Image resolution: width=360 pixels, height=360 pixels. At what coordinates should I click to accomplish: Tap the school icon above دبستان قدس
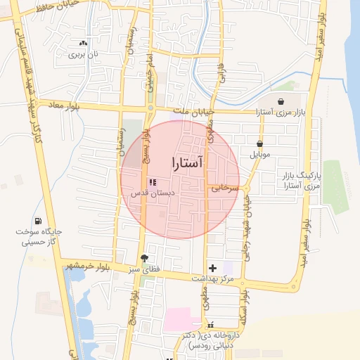(x=153, y=183)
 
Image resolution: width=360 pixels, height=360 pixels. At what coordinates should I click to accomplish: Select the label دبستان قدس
(x=153, y=193)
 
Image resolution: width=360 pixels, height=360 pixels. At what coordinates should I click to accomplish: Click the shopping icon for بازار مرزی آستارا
(x=281, y=101)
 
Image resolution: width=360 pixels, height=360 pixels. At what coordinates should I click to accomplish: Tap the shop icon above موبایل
(x=259, y=143)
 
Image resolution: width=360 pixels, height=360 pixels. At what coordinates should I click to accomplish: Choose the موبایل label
(x=259, y=153)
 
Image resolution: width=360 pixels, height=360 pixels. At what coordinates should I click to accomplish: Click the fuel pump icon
(x=37, y=221)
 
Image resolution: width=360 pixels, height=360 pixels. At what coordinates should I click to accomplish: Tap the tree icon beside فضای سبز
(x=145, y=258)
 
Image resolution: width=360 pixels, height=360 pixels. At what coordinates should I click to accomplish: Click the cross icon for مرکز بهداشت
(x=213, y=268)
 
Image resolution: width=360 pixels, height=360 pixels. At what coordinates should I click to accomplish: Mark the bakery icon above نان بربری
(x=84, y=43)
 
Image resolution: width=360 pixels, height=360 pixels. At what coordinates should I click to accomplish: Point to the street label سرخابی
(x=226, y=188)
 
